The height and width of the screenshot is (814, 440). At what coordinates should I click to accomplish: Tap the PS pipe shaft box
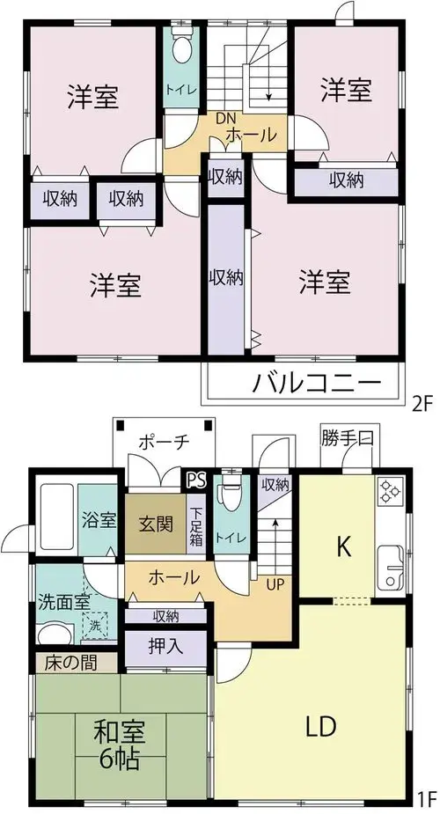tap(197, 479)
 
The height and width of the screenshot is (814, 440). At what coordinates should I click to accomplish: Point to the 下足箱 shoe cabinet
tap(196, 526)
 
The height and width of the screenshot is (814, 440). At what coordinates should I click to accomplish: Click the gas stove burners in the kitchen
tap(390, 492)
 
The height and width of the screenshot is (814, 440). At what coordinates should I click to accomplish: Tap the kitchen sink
tap(390, 568)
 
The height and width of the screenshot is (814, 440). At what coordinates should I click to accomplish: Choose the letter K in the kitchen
tap(342, 546)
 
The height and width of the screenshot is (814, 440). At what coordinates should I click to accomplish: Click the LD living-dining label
tap(321, 727)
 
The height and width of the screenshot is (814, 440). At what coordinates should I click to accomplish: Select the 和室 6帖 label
tap(120, 744)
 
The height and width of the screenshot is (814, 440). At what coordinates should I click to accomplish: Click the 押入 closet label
tap(165, 647)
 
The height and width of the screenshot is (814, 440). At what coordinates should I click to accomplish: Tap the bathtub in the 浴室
tap(58, 517)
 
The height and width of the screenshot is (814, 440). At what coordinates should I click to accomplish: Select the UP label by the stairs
tap(275, 584)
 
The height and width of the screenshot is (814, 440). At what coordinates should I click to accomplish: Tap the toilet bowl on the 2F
tap(181, 49)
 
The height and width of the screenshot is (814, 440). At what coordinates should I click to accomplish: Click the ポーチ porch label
tap(163, 443)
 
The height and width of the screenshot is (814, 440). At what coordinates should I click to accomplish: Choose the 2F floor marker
tap(422, 403)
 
